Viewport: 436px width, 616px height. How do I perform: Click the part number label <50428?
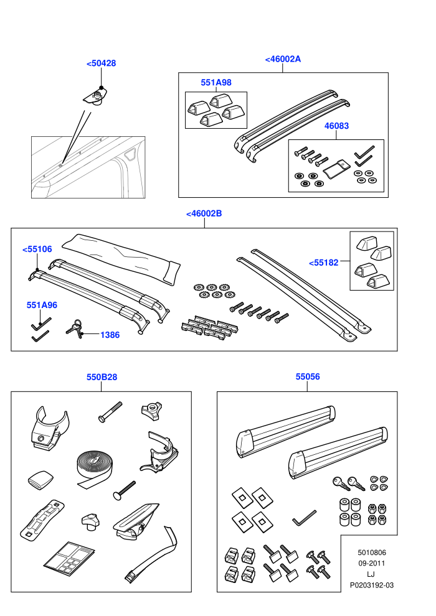tap(101, 63)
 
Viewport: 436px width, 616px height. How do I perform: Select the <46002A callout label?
tap(283, 59)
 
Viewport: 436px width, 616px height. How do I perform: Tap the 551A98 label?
tap(216, 83)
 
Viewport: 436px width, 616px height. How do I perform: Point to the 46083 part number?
tap(336, 126)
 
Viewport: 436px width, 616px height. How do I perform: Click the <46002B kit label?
tap(204, 213)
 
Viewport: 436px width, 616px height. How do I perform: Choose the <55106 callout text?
tap(37, 249)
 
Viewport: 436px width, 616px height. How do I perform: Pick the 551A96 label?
tap(42, 305)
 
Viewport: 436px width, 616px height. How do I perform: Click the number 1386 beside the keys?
tap(110, 335)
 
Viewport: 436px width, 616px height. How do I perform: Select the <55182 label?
tap(323, 263)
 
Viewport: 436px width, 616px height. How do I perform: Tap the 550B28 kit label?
tap(102, 377)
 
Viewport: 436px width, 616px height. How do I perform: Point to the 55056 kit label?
tap(308, 376)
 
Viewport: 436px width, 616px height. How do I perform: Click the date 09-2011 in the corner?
tap(371, 563)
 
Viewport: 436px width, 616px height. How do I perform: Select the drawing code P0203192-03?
tap(371, 586)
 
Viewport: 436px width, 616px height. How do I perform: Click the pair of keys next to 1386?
tap(75, 328)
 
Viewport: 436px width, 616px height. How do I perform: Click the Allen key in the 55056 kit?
tap(305, 518)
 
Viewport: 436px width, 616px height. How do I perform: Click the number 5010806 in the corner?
tap(371, 553)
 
